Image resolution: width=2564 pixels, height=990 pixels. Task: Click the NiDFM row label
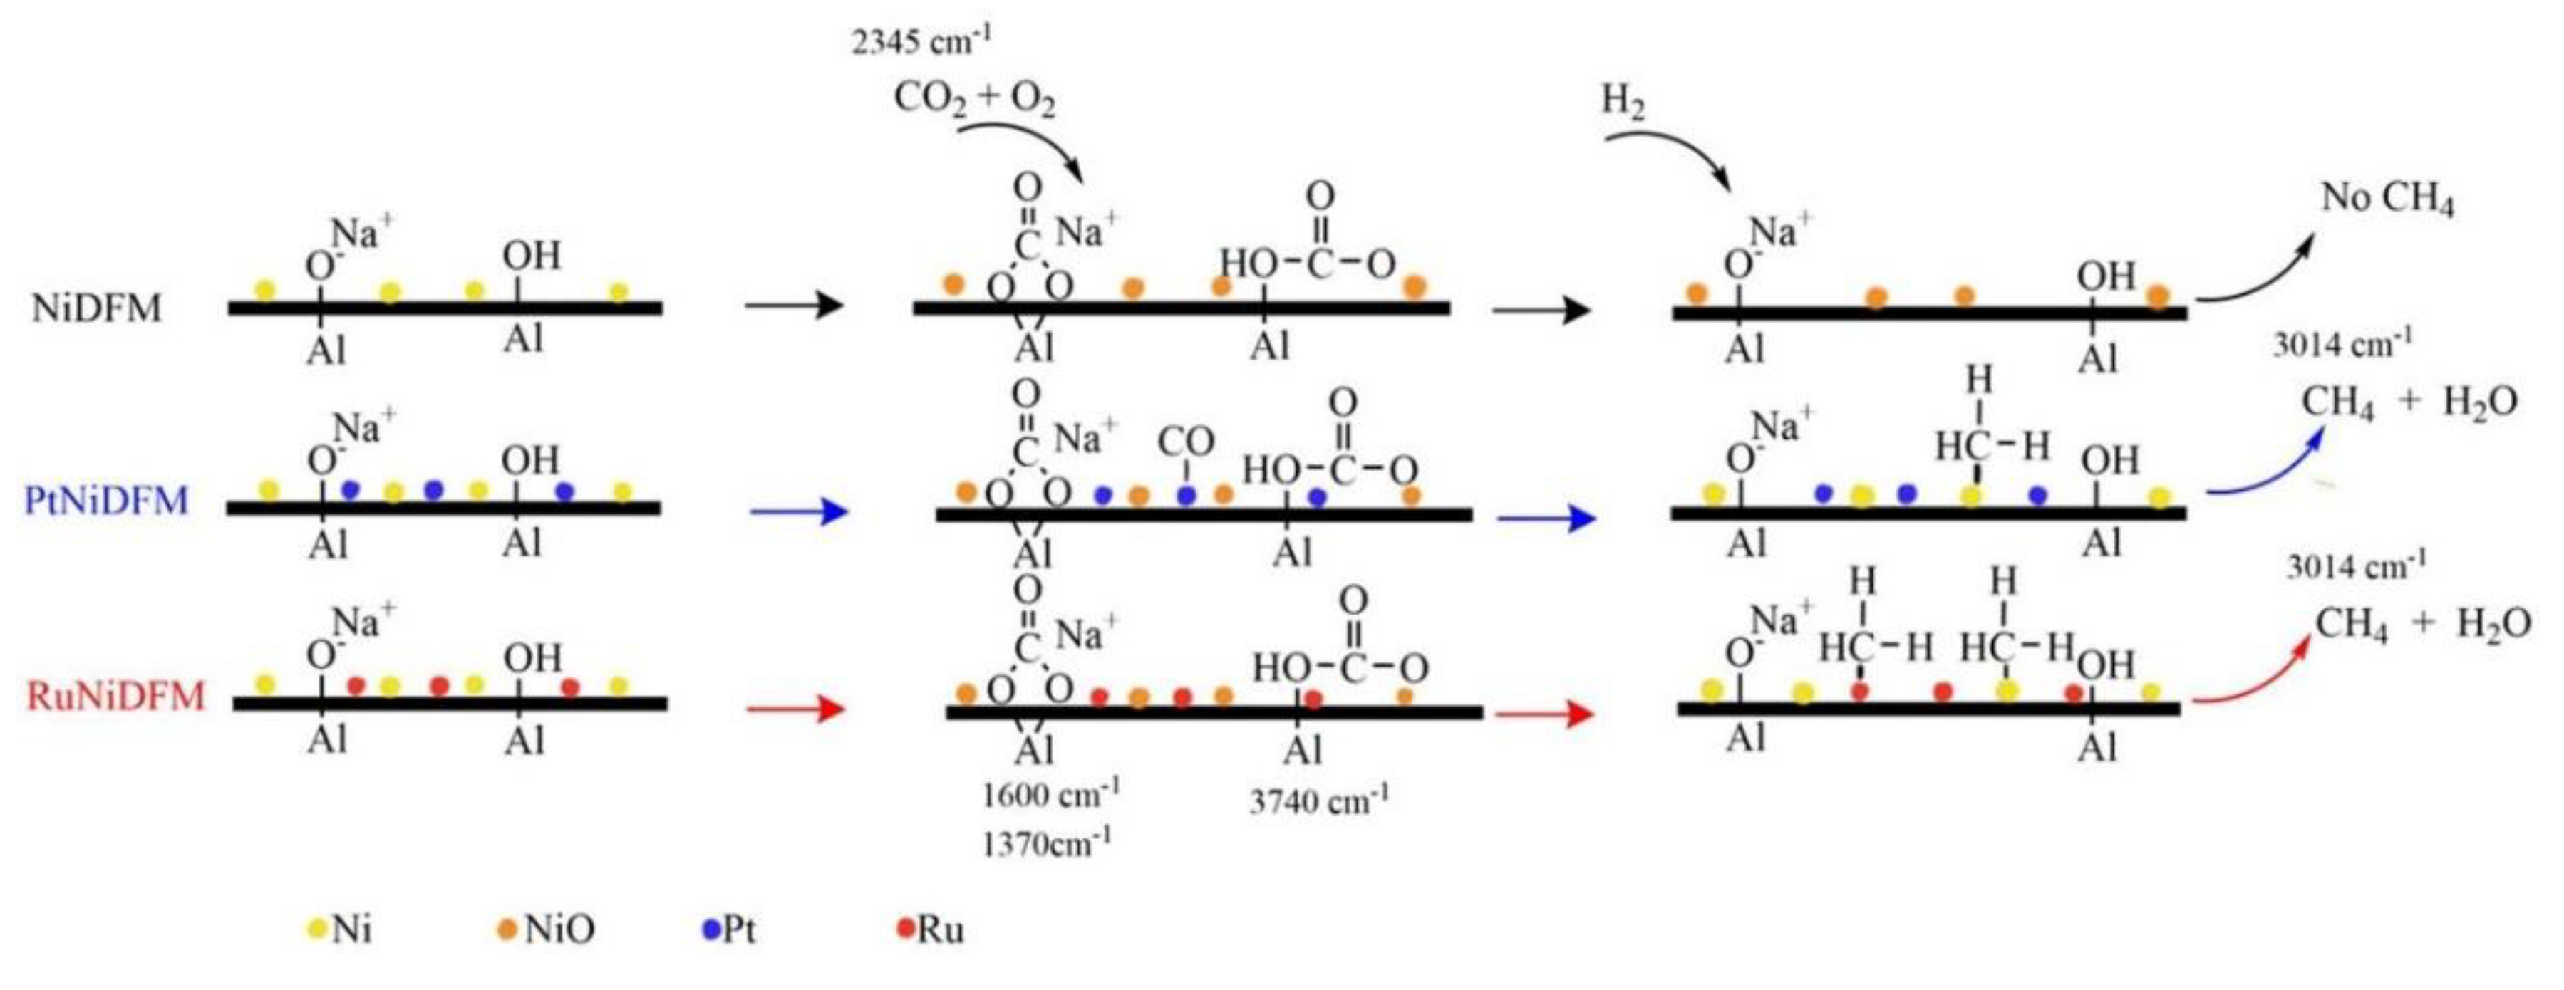[x=96, y=308]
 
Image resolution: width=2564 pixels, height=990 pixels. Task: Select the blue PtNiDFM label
[x=106, y=499]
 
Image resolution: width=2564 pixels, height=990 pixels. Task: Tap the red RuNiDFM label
[x=115, y=695]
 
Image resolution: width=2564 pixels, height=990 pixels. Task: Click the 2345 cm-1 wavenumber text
[x=921, y=42]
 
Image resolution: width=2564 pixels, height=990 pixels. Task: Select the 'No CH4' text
[x=2387, y=200]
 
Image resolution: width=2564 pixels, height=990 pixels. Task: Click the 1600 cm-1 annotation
[x=1051, y=795]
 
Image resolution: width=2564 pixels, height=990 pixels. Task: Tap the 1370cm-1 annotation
[x=1046, y=845]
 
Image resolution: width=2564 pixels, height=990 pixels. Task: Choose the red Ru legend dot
[x=905, y=928]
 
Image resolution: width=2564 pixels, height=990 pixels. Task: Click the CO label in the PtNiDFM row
[x=1187, y=441]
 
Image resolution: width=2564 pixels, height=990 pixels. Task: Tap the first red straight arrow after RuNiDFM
[x=796, y=709]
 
